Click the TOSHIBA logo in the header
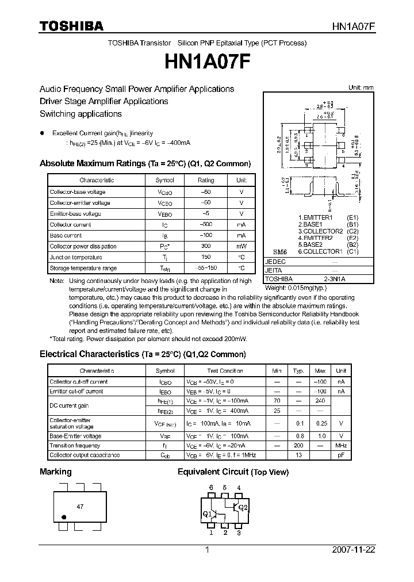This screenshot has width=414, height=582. [x=71, y=26]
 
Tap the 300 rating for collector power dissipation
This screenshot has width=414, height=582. [x=205, y=246]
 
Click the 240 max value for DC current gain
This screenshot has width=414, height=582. [x=320, y=401]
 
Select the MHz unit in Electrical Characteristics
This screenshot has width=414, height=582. [x=341, y=445]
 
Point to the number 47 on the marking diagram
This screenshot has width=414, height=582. [x=80, y=508]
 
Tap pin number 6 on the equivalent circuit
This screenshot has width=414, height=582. [x=211, y=488]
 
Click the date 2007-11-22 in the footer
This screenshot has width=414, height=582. [x=354, y=549]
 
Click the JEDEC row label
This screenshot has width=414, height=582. [x=275, y=261]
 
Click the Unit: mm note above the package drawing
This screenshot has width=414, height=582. [x=361, y=87]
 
